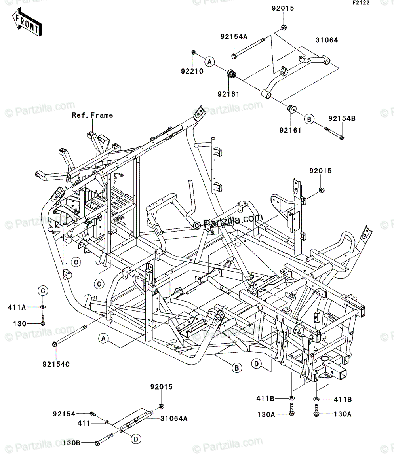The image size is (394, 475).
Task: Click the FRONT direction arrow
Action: (x=27, y=22)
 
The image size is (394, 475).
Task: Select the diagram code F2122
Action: (x=361, y=3)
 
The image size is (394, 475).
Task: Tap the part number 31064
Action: (x=327, y=40)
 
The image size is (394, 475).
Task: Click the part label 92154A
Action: (x=234, y=37)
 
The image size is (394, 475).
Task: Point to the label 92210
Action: (x=192, y=71)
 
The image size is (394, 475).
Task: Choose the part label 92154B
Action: (x=342, y=118)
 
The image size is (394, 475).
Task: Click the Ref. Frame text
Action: (x=92, y=115)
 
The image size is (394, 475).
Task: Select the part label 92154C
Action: (x=56, y=364)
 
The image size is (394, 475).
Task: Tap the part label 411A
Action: (x=17, y=307)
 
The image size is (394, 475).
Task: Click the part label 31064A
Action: (x=174, y=418)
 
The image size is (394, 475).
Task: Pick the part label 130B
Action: (x=71, y=443)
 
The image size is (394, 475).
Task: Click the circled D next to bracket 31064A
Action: (x=136, y=439)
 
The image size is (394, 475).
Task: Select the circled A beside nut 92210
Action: (x=209, y=62)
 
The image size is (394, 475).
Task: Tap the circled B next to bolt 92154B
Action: (x=309, y=119)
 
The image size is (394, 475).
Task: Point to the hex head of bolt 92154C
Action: (x=54, y=344)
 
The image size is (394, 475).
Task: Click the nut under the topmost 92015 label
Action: (x=284, y=28)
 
